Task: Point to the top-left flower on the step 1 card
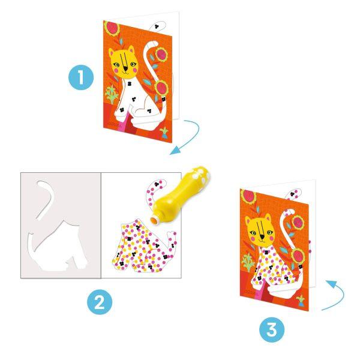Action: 112,28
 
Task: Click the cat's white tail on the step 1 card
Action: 146,59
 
